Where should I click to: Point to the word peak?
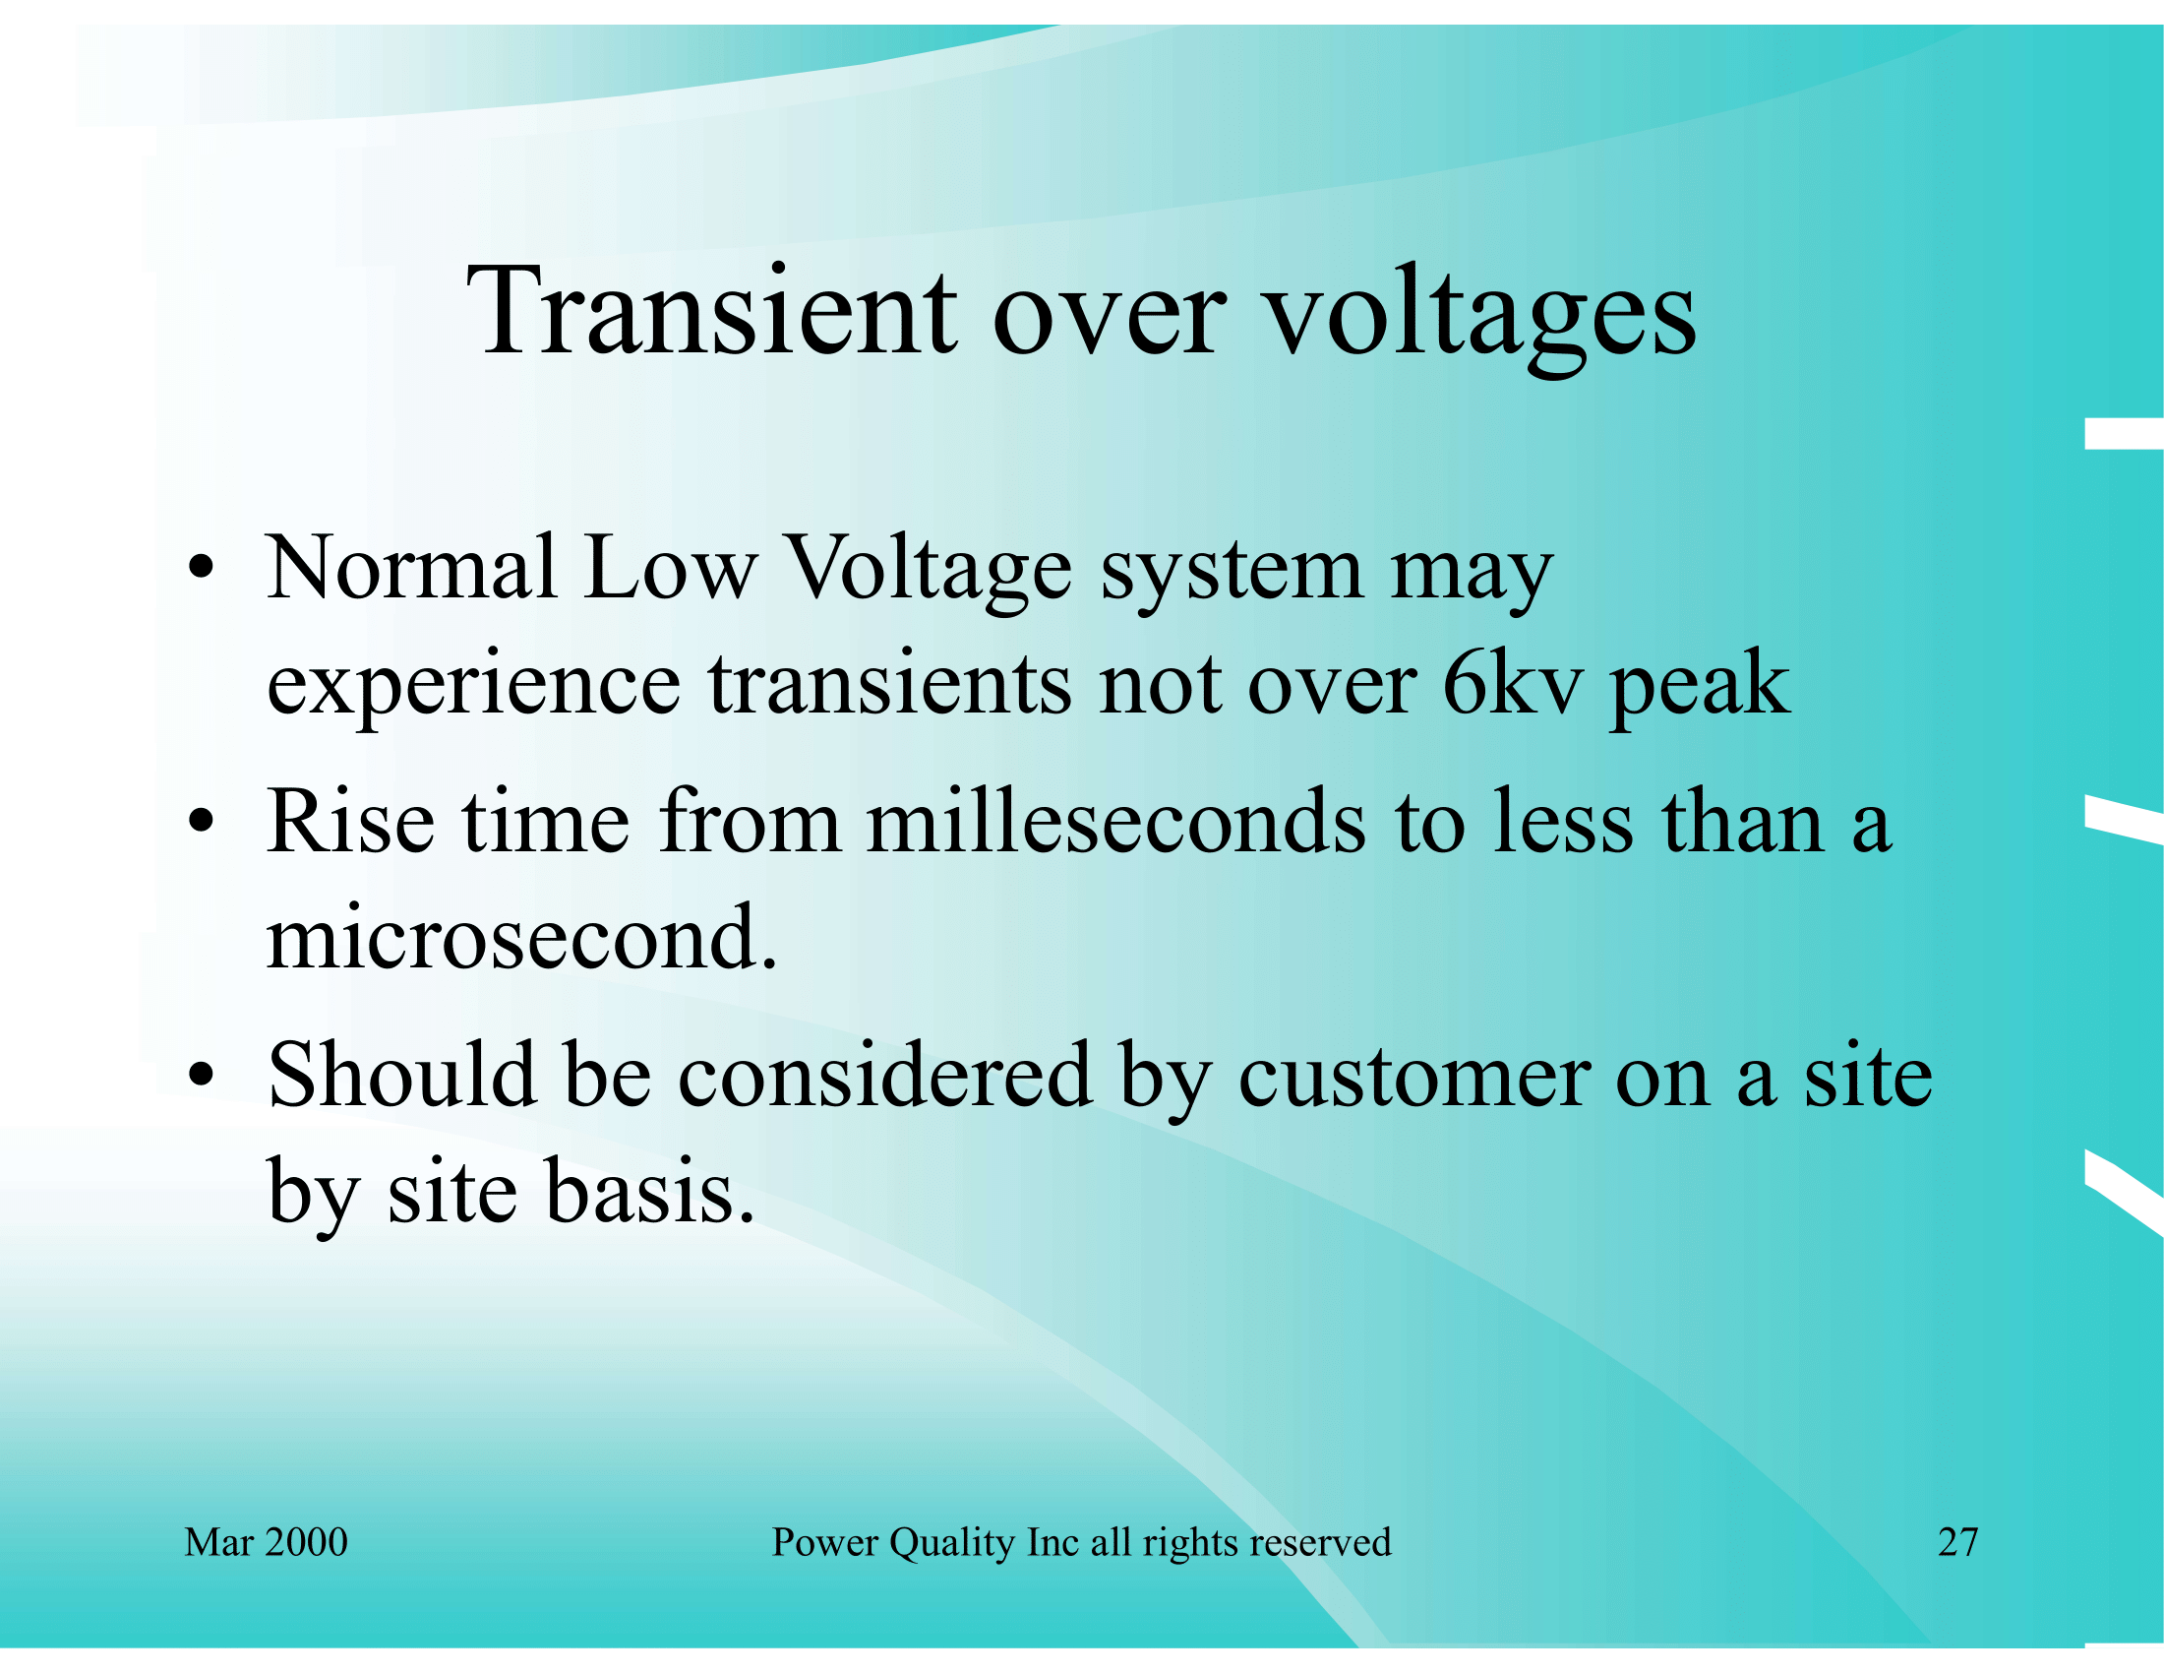[1701, 688]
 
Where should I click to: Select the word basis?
[650, 1191]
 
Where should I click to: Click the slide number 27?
[1957, 1542]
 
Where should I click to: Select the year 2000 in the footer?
[306, 1542]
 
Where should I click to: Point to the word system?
[1232, 575]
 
